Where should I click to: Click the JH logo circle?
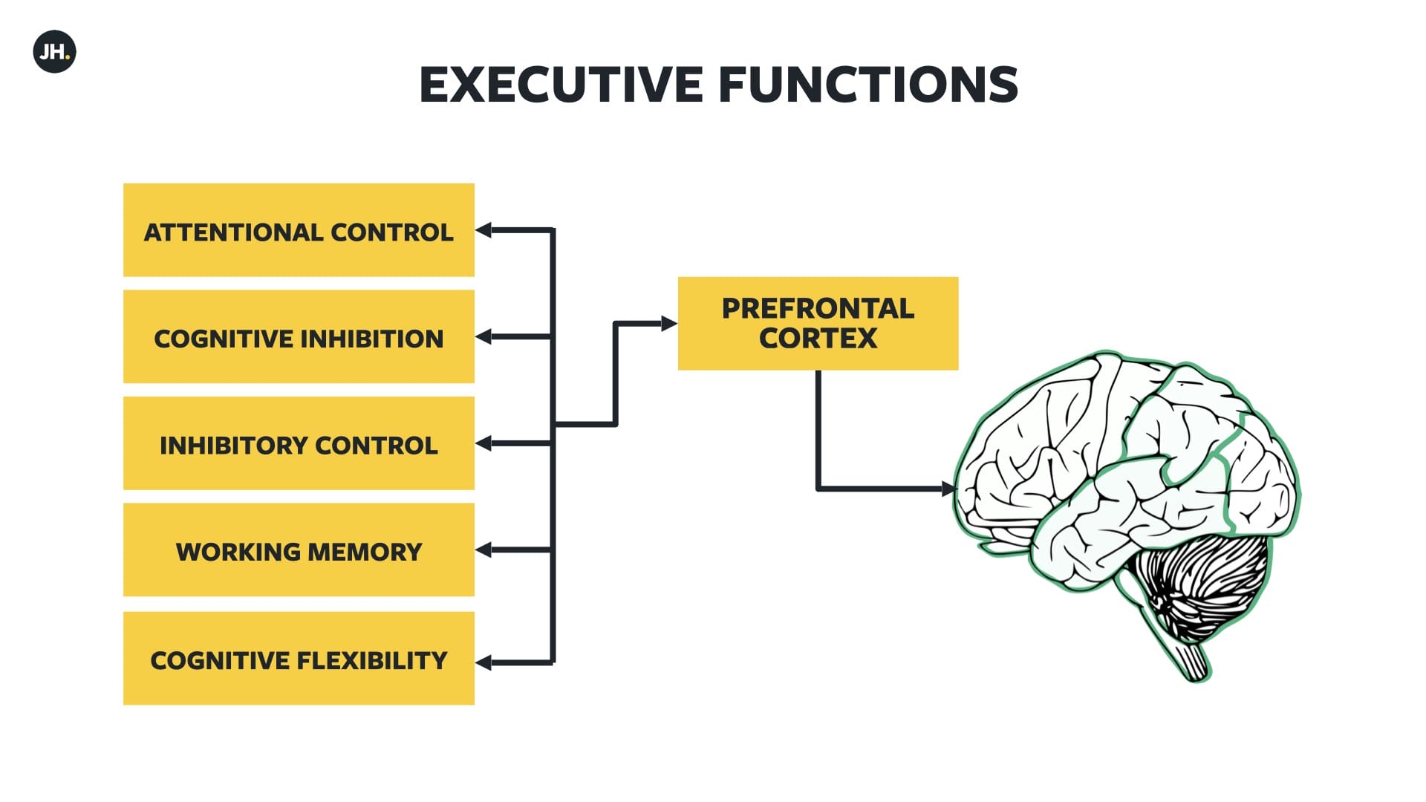click(54, 52)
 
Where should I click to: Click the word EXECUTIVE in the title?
click(561, 84)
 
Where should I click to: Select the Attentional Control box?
click(299, 230)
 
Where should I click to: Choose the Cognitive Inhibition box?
click(299, 337)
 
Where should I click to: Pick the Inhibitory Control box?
click(299, 443)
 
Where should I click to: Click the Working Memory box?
click(299, 550)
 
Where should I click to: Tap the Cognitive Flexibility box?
click(299, 659)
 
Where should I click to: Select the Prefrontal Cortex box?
click(818, 324)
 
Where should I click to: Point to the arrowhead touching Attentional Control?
click(484, 230)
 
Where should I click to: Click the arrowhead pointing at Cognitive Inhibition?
click(484, 337)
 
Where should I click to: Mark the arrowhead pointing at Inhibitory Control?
click(484, 444)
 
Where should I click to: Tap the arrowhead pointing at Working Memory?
click(484, 550)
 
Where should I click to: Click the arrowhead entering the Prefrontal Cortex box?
click(668, 324)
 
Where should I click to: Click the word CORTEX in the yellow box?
click(818, 339)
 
